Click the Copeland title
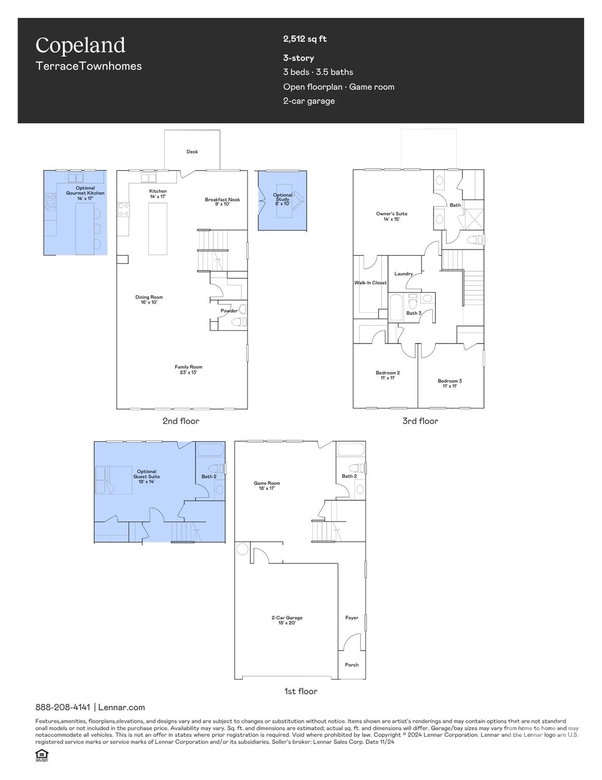coord(80,46)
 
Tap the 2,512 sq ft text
coord(305,39)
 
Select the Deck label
coord(192,152)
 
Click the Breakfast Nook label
coord(222,202)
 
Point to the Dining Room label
coord(149,300)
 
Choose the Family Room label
coord(188,370)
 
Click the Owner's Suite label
coord(391,216)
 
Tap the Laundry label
coord(404,274)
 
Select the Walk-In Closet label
coord(371,283)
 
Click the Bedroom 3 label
coord(450,383)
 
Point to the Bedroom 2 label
coord(388,375)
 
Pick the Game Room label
coord(267,485)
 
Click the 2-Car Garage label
coord(287,620)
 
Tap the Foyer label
coord(352,618)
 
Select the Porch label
coord(352,665)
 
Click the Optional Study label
coord(283,199)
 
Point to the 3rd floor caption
coord(420,421)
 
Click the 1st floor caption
coord(300,691)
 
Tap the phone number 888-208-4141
coord(63,707)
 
